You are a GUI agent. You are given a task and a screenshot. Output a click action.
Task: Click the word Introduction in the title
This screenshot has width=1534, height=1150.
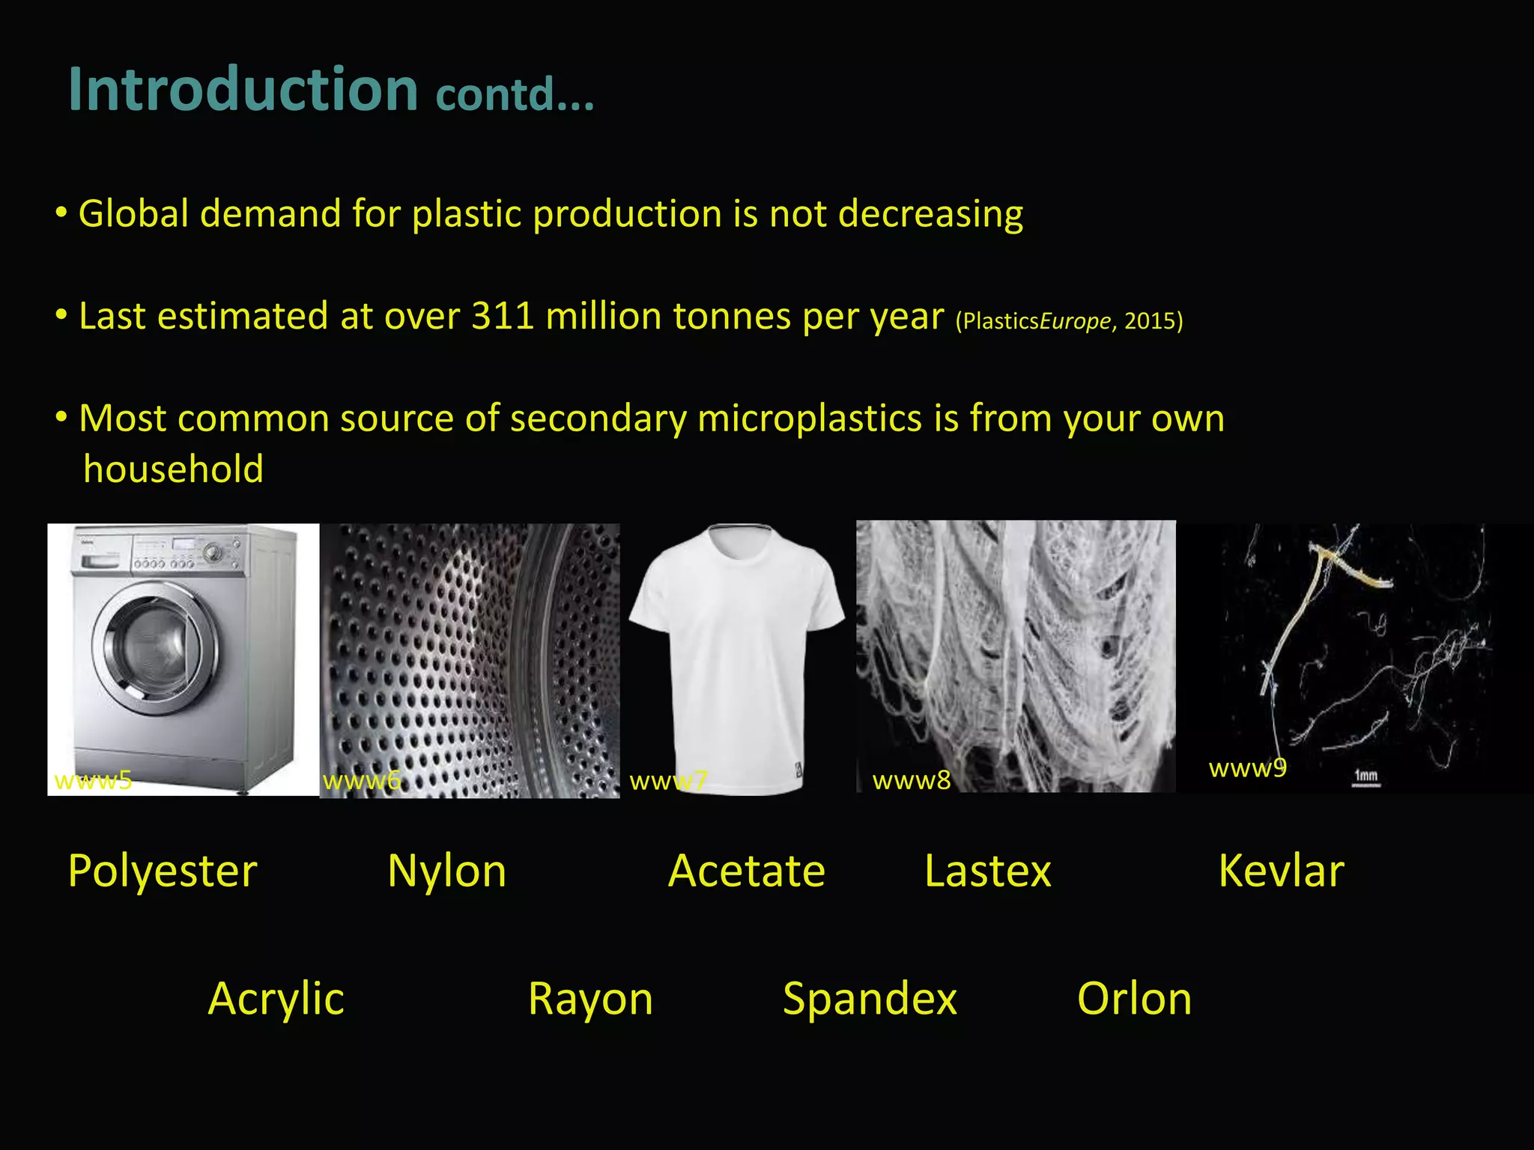click(x=243, y=90)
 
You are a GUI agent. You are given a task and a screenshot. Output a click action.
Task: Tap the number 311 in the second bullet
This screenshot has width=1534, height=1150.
click(x=503, y=316)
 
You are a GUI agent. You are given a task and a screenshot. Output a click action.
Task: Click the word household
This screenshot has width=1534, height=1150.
click(x=173, y=469)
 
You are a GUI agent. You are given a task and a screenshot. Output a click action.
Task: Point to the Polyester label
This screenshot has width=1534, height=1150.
click(x=163, y=871)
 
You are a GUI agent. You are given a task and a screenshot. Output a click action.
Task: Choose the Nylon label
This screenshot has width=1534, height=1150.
click(x=447, y=871)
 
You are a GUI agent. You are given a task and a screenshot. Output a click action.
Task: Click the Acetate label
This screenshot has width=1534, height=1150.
click(x=747, y=871)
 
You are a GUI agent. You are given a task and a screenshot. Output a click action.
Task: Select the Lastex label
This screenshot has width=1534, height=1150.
click(x=988, y=871)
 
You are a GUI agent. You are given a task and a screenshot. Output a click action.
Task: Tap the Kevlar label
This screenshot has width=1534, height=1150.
click(x=1282, y=871)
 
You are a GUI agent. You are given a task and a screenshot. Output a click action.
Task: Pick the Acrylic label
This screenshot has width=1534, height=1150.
click(x=276, y=999)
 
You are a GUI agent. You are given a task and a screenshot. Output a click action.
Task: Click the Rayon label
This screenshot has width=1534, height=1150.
click(x=590, y=999)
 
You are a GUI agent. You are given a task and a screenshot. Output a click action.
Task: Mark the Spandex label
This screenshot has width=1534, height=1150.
click(x=870, y=999)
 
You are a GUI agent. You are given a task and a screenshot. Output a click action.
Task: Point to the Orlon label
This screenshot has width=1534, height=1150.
click(x=1134, y=999)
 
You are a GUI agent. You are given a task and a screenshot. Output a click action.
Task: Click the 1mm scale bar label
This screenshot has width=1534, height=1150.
click(x=1365, y=776)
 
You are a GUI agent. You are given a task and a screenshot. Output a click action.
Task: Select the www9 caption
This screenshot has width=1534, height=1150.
click(x=1247, y=768)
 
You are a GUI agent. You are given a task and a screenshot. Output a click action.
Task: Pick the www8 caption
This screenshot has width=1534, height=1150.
click(x=912, y=781)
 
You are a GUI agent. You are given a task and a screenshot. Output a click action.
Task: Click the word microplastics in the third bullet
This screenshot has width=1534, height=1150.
click(x=810, y=419)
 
